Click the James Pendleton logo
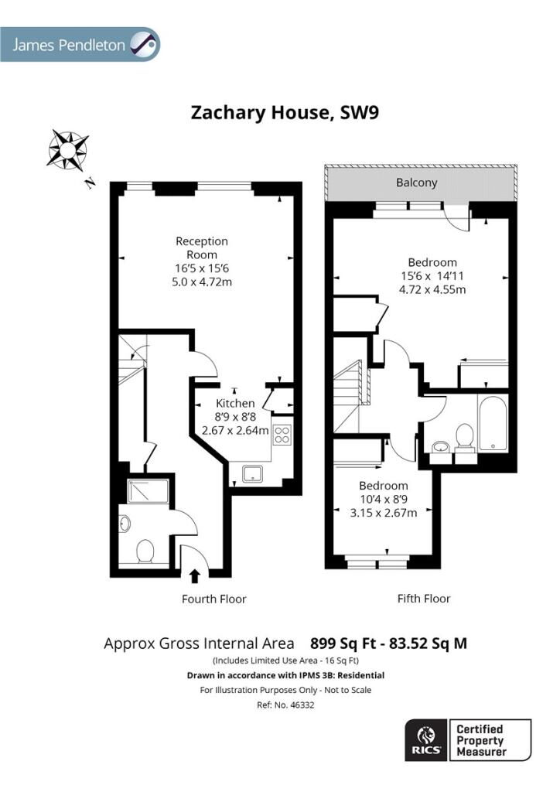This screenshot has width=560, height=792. coord(80,44)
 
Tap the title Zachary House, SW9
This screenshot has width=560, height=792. coord(285,112)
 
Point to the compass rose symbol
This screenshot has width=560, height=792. coord(67,149)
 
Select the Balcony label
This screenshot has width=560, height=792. coord(417,183)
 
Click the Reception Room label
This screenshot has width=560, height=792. coord(202,248)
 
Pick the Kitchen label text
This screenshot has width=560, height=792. coord(235,403)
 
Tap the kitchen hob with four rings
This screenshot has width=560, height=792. coord(282,435)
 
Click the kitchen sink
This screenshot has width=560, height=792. coord(252,474)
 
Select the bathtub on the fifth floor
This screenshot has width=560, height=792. coord(493,423)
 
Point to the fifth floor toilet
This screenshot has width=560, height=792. coord(465,438)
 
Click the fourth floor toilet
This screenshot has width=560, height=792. coord(145,551)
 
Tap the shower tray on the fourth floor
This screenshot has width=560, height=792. coord(148,491)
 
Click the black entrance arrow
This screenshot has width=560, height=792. coord(194,576)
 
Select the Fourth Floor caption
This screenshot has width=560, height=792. coord(214,599)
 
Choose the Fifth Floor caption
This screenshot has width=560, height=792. coord(424,599)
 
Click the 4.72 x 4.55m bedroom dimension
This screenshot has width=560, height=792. coord(432,290)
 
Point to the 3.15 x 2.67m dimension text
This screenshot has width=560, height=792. coord(384,514)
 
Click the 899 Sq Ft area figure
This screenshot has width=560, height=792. coord(343,643)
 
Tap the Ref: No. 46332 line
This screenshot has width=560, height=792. coord(285,705)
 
